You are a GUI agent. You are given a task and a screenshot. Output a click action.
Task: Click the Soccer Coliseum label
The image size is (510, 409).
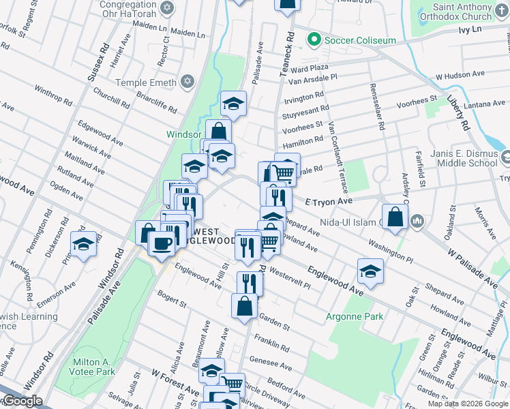(x=359, y=41)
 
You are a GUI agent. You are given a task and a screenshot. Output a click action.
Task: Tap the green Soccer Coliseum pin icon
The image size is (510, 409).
(x=314, y=40)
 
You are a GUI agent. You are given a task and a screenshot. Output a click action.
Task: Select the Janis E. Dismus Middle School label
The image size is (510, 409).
(x=464, y=158)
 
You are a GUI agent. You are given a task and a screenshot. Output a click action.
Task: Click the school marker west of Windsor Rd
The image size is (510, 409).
(x=84, y=244)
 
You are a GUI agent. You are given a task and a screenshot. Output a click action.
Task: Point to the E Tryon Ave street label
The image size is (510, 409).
(x=329, y=202)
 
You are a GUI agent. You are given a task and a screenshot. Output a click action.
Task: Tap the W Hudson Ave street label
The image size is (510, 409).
(x=460, y=74)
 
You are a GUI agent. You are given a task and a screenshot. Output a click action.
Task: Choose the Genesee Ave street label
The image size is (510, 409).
(x=271, y=363)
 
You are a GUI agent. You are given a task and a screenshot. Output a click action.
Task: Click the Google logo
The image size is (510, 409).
(x=22, y=401)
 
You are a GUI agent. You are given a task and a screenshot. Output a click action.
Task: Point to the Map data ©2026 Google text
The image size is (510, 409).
(x=467, y=404)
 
